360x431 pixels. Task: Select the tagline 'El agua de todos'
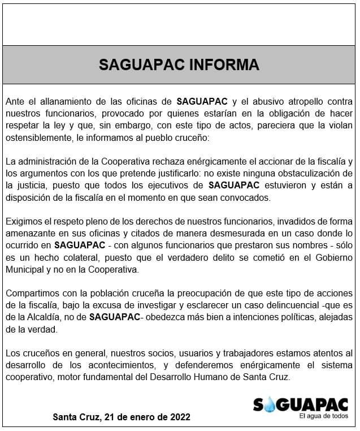tap(324, 416)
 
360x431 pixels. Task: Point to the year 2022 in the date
tap(179, 417)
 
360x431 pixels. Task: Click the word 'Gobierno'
tap(335, 257)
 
